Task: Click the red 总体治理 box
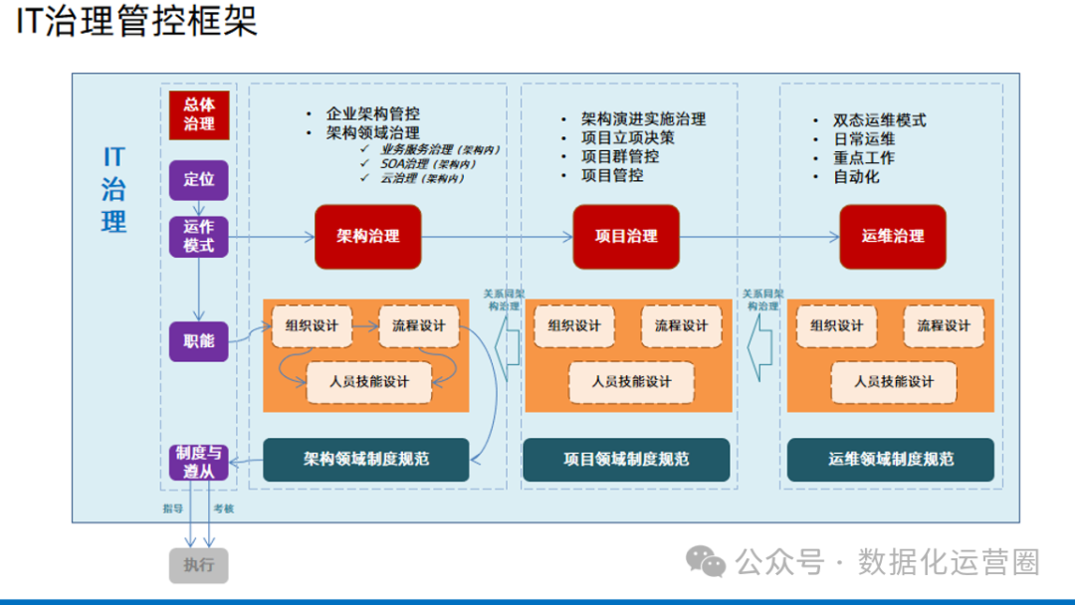pos(199,115)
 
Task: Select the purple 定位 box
pos(199,180)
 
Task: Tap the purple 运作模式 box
pos(199,237)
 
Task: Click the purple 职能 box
pos(199,341)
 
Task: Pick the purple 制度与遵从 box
pos(199,462)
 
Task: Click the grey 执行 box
pos(199,565)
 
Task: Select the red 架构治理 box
pos(367,237)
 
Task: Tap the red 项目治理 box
pos(626,237)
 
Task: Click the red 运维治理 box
pos(892,237)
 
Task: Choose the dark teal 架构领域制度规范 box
pos(365,460)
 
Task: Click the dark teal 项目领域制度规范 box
pos(626,460)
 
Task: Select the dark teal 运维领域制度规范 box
pos(891,460)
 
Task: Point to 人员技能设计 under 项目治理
pos(631,381)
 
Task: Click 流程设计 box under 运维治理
pos(943,326)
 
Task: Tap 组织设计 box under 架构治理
pos(312,326)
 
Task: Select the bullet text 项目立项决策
pos(628,138)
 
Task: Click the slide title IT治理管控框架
pos(137,22)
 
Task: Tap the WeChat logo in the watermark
pos(708,563)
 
